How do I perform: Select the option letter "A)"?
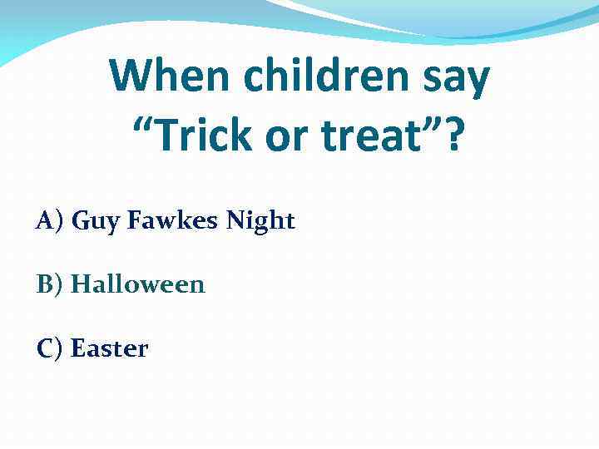click(50, 221)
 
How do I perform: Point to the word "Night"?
click(261, 221)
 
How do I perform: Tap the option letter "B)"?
click(50, 285)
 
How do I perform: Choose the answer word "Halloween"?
click(138, 284)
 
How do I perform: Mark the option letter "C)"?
click(50, 348)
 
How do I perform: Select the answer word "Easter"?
click(110, 348)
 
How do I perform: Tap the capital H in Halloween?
click(80, 284)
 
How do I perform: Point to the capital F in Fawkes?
click(133, 221)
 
